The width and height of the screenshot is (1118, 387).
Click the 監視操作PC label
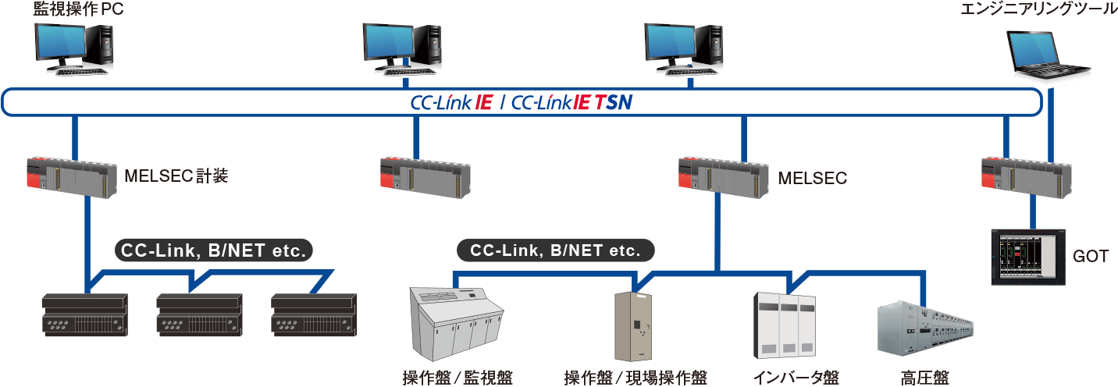click(78, 9)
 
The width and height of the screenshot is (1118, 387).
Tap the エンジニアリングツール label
click(1038, 9)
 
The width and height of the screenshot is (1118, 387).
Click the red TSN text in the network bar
click(614, 102)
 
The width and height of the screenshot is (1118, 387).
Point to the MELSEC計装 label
click(176, 176)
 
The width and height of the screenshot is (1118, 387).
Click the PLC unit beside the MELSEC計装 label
click(72, 178)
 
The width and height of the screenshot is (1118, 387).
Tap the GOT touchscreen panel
click(1028, 257)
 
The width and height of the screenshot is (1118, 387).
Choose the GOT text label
click(1091, 257)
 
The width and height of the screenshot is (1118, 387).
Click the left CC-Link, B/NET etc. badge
click(214, 250)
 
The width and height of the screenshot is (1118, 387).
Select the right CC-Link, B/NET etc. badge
click(556, 250)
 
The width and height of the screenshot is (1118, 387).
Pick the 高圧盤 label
click(925, 378)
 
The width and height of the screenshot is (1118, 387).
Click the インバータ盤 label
click(796, 378)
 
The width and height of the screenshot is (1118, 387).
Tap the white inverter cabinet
click(785, 325)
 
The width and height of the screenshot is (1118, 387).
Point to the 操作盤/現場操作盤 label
click(636, 378)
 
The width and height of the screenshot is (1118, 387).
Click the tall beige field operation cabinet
click(634, 326)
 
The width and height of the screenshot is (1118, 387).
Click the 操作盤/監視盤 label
click(458, 378)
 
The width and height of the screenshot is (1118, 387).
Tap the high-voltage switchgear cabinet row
click(925, 328)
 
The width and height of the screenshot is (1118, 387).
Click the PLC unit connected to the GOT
click(1026, 178)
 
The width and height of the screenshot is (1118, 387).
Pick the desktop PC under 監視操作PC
click(74, 49)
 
